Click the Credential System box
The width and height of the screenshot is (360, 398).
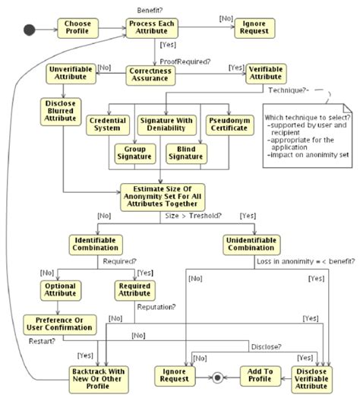tap(106, 125)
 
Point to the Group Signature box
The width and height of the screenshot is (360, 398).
tap(135, 153)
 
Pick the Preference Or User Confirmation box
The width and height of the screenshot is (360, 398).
tap(58, 324)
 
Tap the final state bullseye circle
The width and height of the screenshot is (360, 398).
tap(218, 376)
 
